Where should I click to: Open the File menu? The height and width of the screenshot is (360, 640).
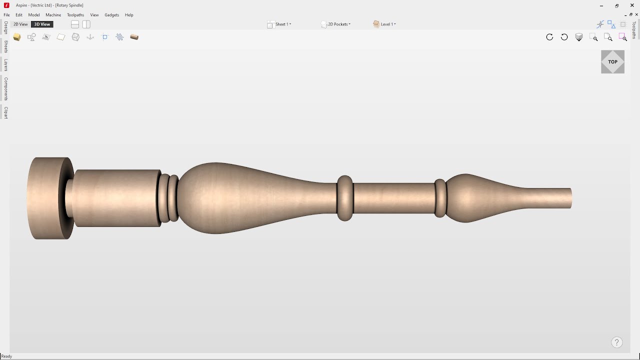tap(6, 15)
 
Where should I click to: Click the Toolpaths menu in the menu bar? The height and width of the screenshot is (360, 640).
tap(75, 15)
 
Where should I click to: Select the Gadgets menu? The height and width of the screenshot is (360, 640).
tap(111, 15)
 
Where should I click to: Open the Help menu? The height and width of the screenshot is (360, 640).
tap(129, 15)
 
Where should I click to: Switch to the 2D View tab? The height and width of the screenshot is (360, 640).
tap(20, 24)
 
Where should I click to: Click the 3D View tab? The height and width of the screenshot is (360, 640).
tap(42, 24)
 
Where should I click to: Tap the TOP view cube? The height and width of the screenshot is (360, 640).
tap(612, 62)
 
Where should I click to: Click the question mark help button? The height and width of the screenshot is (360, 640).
tap(616, 342)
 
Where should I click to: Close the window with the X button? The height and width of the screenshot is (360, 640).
tap(632, 5)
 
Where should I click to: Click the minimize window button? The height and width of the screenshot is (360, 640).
tap(601, 5)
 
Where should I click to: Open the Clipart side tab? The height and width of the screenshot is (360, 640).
tap(6, 112)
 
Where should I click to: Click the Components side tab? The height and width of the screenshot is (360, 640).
tap(6, 88)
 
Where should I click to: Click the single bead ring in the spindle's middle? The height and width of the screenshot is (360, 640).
tap(344, 198)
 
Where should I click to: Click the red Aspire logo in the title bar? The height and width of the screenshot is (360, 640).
tap(6, 5)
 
